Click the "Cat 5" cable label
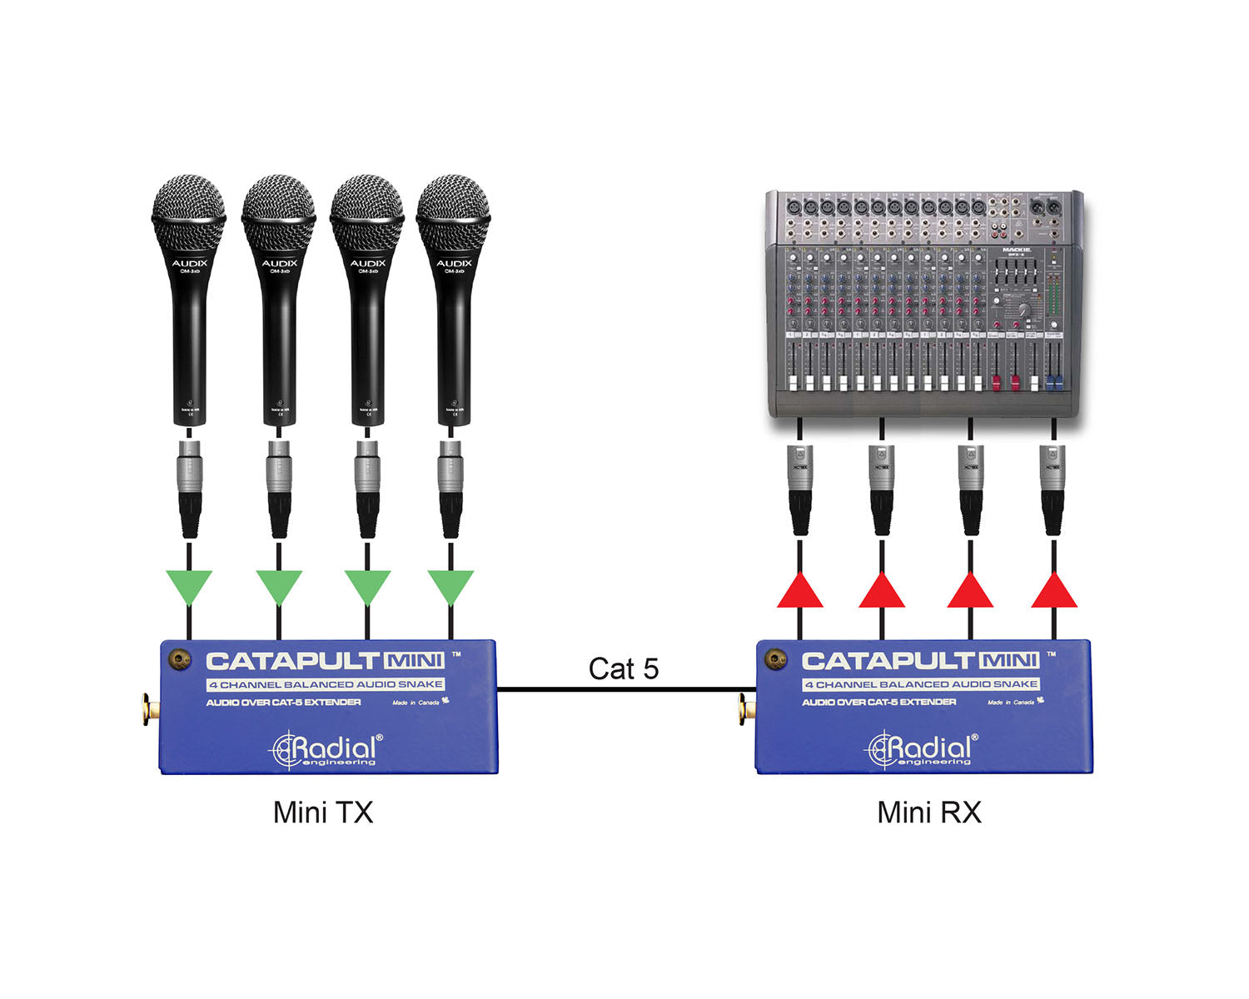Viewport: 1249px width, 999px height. pyautogui.click(x=623, y=668)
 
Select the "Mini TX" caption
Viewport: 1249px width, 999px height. pyautogui.click(x=323, y=812)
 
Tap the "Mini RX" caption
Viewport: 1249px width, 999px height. pyautogui.click(x=929, y=812)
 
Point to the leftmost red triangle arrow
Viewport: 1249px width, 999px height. pyautogui.click(x=799, y=592)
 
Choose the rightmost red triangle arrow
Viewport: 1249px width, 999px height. pyautogui.click(x=1054, y=592)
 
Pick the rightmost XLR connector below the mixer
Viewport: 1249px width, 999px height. pyautogui.click(x=1054, y=490)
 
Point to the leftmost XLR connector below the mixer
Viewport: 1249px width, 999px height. pyautogui.click(x=799, y=490)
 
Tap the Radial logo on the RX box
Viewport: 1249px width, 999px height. pyautogui.click(x=921, y=748)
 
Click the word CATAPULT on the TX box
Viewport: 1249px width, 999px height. pyautogui.click(x=293, y=662)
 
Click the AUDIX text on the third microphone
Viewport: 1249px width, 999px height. pyautogui.click(x=367, y=263)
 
